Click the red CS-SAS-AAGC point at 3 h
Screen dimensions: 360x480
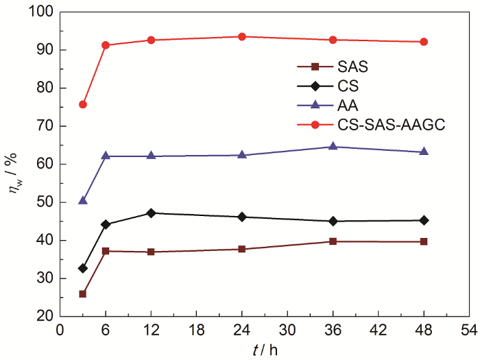click(x=83, y=104)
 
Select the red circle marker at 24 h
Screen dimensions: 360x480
click(x=242, y=36)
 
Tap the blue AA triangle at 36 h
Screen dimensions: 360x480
click(x=333, y=146)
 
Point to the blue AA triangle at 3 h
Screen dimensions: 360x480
click(x=83, y=200)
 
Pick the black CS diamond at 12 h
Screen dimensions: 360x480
click(x=151, y=213)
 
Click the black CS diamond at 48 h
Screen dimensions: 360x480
click(x=424, y=220)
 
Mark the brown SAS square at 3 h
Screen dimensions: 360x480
click(x=83, y=293)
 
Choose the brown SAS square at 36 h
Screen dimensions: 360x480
click(x=333, y=241)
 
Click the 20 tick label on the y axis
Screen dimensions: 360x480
click(x=45, y=316)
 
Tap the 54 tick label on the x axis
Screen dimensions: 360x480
click(x=469, y=331)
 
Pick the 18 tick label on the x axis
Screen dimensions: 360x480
click(x=196, y=331)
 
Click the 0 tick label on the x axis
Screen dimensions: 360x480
click(x=60, y=331)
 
